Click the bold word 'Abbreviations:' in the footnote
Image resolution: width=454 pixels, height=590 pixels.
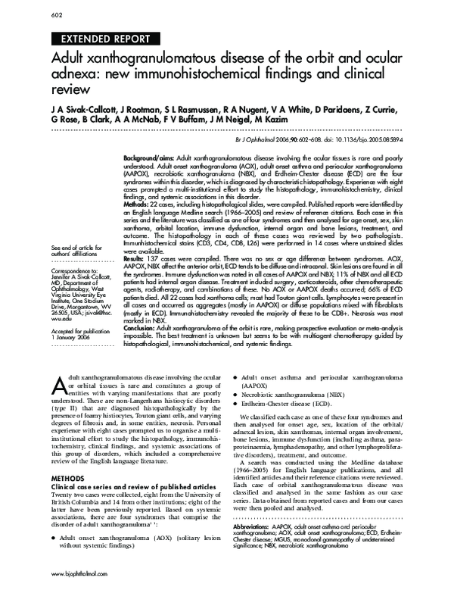click(257, 525)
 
